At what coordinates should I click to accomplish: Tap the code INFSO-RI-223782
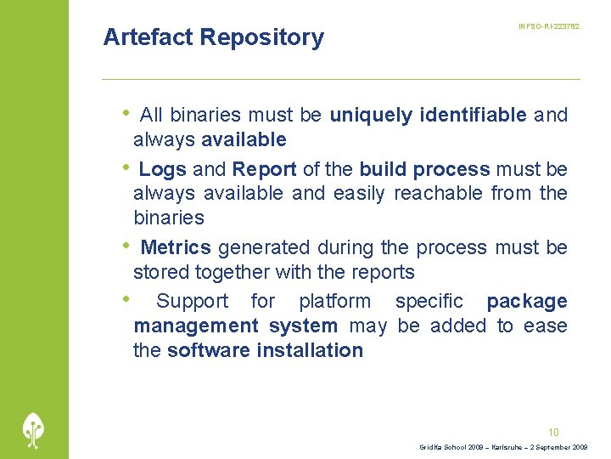point(548,27)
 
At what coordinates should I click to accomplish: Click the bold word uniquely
point(371,115)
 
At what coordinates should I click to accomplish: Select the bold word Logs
point(162,169)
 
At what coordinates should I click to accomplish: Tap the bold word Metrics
point(176,247)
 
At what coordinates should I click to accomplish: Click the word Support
point(192,301)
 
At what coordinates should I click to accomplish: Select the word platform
point(334,301)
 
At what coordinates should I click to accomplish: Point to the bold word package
point(526,301)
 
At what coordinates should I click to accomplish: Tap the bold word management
point(196,326)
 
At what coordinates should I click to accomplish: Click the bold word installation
point(308,350)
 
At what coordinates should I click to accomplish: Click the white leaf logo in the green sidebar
point(34,429)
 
